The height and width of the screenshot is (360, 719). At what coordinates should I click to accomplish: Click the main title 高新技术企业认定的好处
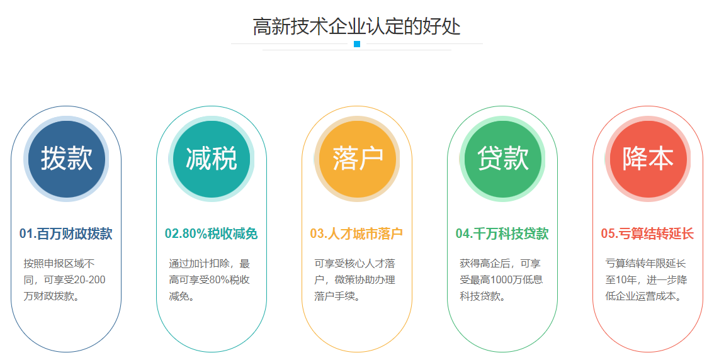[357, 26]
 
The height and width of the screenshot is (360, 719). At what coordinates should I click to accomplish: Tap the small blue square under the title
[357, 44]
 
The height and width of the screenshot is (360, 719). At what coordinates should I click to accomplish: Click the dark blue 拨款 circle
[67, 159]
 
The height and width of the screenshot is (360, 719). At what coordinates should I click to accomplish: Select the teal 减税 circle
[212, 159]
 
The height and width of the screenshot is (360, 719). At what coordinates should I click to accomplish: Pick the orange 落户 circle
[357, 159]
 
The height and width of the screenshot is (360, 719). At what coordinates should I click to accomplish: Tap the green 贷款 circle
[502, 159]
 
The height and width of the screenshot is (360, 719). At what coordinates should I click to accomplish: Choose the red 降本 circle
[648, 159]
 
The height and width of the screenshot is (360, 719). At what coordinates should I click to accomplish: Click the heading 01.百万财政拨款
[66, 233]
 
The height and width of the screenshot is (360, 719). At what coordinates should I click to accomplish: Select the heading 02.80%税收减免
[212, 233]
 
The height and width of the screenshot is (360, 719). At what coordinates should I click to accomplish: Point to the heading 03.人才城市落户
[357, 233]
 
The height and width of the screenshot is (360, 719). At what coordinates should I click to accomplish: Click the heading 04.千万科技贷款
[502, 233]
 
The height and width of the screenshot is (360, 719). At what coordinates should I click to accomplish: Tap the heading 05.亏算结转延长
[647, 233]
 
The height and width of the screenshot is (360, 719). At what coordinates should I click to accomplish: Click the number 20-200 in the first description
[89, 279]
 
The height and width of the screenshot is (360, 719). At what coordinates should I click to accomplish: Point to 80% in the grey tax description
[219, 279]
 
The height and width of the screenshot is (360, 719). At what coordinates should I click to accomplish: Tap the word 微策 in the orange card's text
[344, 279]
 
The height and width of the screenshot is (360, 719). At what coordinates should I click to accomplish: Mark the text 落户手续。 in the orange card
[337, 296]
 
